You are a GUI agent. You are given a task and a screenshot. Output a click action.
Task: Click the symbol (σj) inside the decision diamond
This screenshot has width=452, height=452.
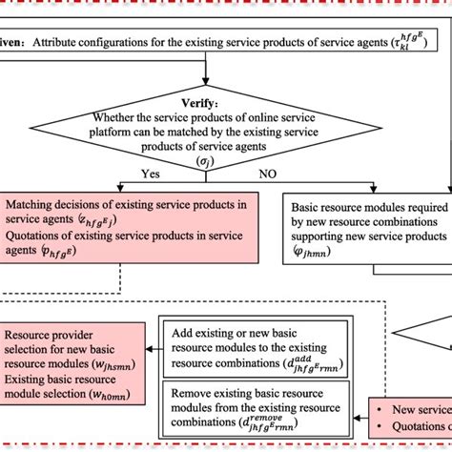point(203,161)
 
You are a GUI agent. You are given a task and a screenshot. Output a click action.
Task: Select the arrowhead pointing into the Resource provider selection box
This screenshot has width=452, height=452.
point(150,352)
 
